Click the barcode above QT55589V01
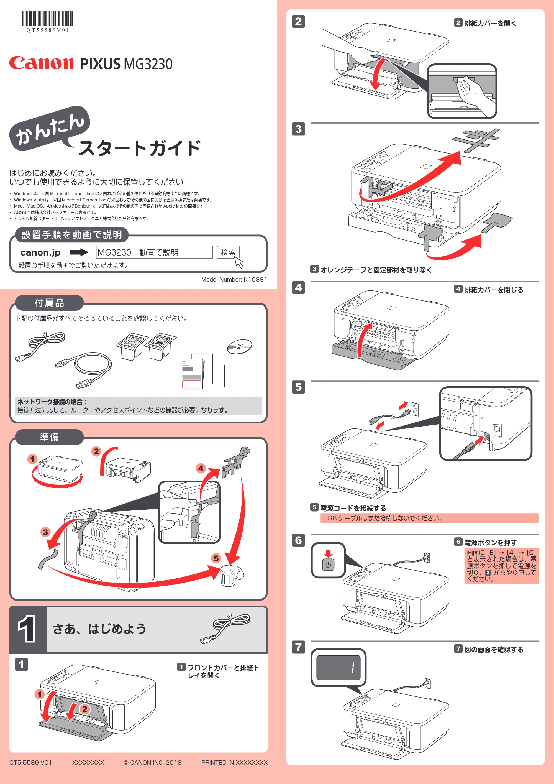tap(48, 19)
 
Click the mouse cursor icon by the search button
tap(239, 262)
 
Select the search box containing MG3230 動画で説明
tap(154, 252)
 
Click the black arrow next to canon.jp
tap(79, 252)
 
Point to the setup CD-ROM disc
tap(240, 347)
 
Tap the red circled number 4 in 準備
tap(201, 468)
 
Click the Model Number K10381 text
tap(234, 279)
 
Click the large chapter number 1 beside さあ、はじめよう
tap(27, 629)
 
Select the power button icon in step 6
tap(328, 565)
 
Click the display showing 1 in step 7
tap(338, 668)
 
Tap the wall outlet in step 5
tap(415, 409)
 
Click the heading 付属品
tap(50, 303)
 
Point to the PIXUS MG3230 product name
tap(126, 64)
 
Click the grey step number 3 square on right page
tap(298, 129)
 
